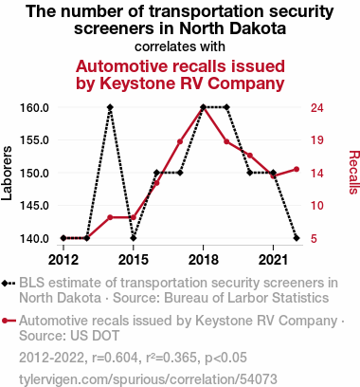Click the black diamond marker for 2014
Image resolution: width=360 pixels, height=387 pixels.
(x=110, y=107)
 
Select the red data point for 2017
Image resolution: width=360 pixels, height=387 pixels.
(x=180, y=141)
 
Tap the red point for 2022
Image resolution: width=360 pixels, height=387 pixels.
(x=297, y=170)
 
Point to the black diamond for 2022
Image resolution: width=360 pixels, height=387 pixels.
(x=297, y=238)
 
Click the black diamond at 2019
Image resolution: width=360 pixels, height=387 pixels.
(x=226, y=107)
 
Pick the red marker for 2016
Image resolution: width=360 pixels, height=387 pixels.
(x=156, y=183)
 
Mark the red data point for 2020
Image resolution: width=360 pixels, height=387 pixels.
(x=250, y=156)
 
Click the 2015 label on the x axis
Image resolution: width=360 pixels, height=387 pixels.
(x=134, y=260)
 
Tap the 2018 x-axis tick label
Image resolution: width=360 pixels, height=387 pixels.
(x=204, y=260)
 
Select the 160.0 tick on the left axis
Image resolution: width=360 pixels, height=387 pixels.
(x=34, y=108)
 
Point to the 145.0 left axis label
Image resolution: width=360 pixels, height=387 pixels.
(x=34, y=206)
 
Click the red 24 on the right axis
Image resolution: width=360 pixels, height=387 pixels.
(x=317, y=108)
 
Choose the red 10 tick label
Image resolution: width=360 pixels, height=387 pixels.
(x=317, y=206)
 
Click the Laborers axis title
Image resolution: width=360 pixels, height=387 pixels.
(x=7, y=173)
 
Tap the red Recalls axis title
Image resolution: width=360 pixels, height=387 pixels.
(x=354, y=173)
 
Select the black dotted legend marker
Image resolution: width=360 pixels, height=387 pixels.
(x=9, y=283)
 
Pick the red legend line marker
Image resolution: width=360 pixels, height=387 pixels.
(x=9, y=321)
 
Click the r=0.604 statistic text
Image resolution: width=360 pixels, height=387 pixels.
(x=116, y=358)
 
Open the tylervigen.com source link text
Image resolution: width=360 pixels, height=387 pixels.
(x=148, y=379)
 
